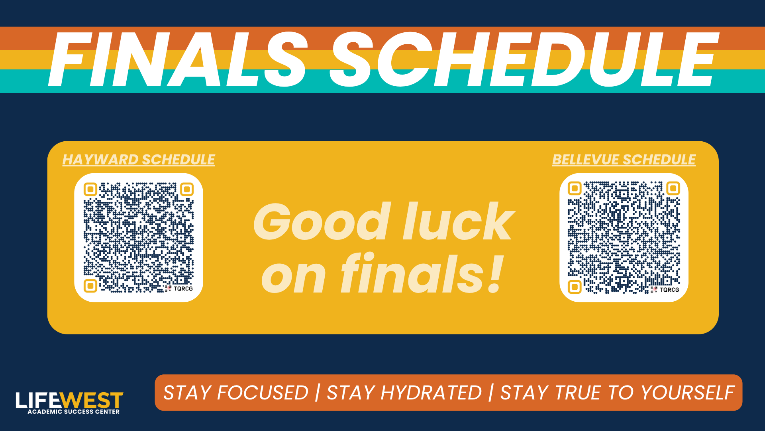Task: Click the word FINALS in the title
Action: pos(177,59)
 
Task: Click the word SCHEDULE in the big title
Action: pos(524,59)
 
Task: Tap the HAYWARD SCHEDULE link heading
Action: pos(139,160)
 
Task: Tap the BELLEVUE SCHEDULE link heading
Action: pos(624,160)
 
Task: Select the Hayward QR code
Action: pos(139,237)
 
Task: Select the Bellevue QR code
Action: pos(624,237)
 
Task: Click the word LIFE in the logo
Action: pos(38,400)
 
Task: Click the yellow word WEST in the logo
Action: pos(92,400)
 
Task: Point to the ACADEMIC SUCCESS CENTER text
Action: pos(74,412)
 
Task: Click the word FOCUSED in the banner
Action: pos(263,393)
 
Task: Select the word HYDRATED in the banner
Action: pos(431,393)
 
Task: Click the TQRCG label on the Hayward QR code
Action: pos(183,289)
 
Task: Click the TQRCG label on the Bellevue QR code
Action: pos(669,290)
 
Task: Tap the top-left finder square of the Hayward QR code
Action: pos(90,189)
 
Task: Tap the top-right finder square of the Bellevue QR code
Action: pos(673,188)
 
